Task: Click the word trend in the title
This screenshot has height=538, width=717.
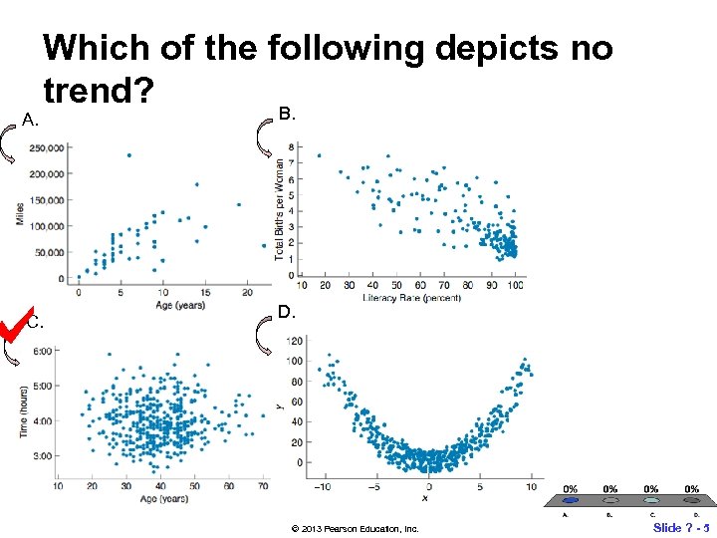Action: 98,93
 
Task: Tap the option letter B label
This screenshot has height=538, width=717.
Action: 287,116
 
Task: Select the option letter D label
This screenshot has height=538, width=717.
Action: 285,313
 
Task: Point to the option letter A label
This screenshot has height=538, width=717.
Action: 31,122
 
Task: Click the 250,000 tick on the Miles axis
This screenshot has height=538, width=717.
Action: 49,148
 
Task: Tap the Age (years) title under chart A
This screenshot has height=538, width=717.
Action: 180,305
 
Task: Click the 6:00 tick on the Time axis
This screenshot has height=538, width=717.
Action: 43,352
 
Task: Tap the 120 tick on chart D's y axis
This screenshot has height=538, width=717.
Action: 295,341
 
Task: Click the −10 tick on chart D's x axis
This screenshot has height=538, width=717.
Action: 321,486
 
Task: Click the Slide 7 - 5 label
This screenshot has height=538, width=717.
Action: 681,526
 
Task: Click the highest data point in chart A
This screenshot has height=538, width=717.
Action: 128,155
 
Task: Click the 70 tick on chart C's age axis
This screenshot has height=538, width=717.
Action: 263,485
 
